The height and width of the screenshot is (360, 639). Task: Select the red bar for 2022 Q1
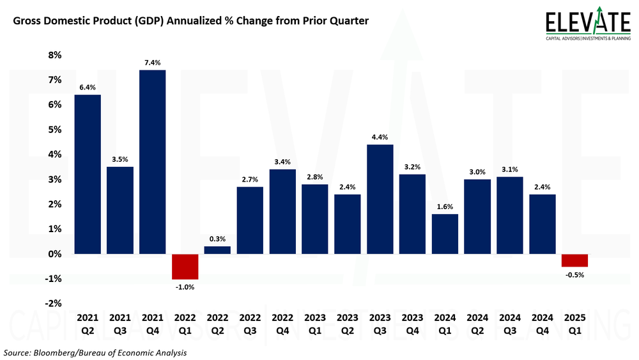pyautogui.click(x=185, y=267)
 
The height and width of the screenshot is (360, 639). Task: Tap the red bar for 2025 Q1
pyautogui.click(x=574, y=260)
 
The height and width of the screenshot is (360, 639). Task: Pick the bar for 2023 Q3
pyautogui.click(x=380, y=199)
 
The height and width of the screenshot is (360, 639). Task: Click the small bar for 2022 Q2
pyautogui.click(x=217, y=250)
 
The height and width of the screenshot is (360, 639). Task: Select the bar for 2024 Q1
pyautogui.click(x=445, y=234)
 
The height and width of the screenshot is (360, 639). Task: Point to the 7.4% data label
pyautogui.click(x=152, y=63)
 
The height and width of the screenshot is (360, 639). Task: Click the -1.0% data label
pyautogui.click(x=185, y=287)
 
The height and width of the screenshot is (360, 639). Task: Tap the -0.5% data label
pyautogui.click(x=574, y=275)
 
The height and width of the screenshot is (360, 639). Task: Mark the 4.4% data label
pyautogui.click(x=380, y=137)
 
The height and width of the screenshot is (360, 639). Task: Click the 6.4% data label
pyautogui.click(x=87, y=88)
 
